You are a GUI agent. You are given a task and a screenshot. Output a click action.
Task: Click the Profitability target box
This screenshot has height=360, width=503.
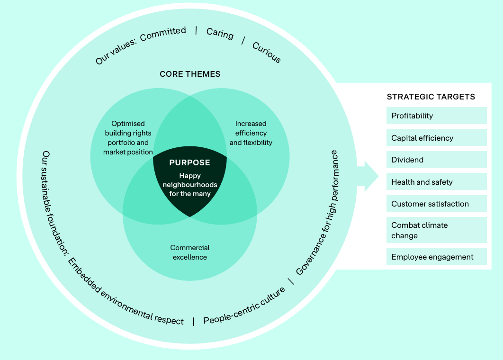click(436, 116)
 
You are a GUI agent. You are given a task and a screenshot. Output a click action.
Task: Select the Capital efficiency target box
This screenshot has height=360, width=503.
click(436, 138)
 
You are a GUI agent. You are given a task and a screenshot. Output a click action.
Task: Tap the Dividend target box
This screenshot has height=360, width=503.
click(436, 160)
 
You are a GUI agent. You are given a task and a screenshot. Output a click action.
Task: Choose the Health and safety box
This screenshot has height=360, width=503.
click(436, 182)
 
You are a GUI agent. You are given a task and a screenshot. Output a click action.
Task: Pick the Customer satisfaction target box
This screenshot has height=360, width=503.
click(436, 204)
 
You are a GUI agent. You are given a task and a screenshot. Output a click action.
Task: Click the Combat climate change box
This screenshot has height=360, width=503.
click(436, 230)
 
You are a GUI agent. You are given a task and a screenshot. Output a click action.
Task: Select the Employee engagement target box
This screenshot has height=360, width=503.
click(436, 257)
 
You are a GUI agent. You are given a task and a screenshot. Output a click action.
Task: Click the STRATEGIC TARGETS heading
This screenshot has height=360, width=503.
click(431, 97)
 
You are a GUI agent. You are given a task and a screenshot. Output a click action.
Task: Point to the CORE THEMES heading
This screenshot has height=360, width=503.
click(190, 74)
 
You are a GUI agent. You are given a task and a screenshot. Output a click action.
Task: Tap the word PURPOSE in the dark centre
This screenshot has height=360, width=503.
click(189, 162)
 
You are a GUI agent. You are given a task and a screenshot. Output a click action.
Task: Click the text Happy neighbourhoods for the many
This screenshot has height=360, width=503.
click(189, 185)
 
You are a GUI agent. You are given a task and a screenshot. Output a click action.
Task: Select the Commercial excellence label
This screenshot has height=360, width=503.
click(189, 252)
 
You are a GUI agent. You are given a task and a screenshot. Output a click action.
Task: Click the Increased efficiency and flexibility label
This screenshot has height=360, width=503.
click(251, 133)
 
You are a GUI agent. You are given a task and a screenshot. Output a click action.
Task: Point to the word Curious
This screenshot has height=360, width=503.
click(267, 52)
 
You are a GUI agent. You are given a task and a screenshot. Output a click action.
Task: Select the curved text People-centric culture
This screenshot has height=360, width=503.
click(244, 306)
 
